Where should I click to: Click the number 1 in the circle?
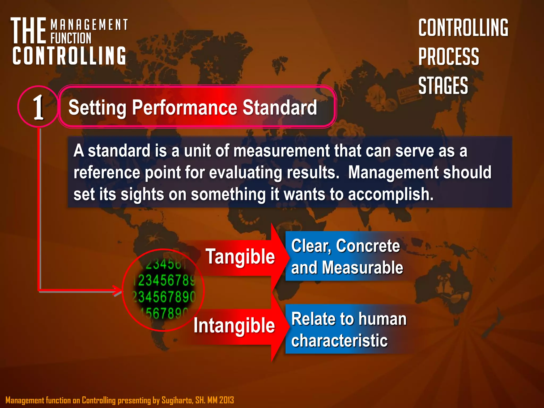(x=39, y=107)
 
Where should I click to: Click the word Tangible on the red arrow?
(x=240, y=257)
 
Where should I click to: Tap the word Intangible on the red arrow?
(x=234, y=325)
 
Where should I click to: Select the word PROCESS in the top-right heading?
(x=449, y=57)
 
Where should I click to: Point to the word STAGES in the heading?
(x=443, y=86)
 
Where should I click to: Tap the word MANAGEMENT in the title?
(x=89, y=25)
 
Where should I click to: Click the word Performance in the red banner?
(x=185, y=108)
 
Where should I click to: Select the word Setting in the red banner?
(x=97, y=108)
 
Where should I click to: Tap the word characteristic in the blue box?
(x=339, y=341)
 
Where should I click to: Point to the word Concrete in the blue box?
(x=368, y=246)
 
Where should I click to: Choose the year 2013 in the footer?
(x=227, y=400)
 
